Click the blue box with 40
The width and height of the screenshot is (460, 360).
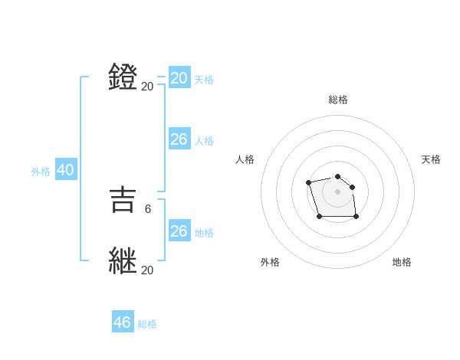[x=65, y=170]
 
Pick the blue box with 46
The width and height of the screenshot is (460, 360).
[x=123, y=322]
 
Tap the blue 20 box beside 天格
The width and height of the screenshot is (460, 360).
[x=179, y=77]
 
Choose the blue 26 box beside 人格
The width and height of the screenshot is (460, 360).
[x=179, y=139]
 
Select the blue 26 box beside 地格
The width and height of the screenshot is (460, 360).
[x=179, y=231]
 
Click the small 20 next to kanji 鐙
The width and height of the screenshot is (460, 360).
[x=147, y=87]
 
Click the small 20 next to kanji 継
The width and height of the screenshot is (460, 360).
[x=147, y=270]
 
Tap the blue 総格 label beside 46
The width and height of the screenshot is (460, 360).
[x=147, y=324]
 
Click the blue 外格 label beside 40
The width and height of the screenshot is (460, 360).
[x=41, y=172]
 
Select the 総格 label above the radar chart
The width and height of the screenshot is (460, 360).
[x=337, y=100]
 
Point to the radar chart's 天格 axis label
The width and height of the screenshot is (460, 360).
[x=431, y=159]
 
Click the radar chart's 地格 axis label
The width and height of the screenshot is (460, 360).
[x=402, y=262]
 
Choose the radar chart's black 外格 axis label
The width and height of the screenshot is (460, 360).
[x=270, y=262]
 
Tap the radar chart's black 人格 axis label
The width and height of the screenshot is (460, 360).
[x=245, y=159]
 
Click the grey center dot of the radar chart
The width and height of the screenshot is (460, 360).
[x=337, y=191]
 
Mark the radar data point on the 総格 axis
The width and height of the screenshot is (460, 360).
[x=337, y=177]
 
